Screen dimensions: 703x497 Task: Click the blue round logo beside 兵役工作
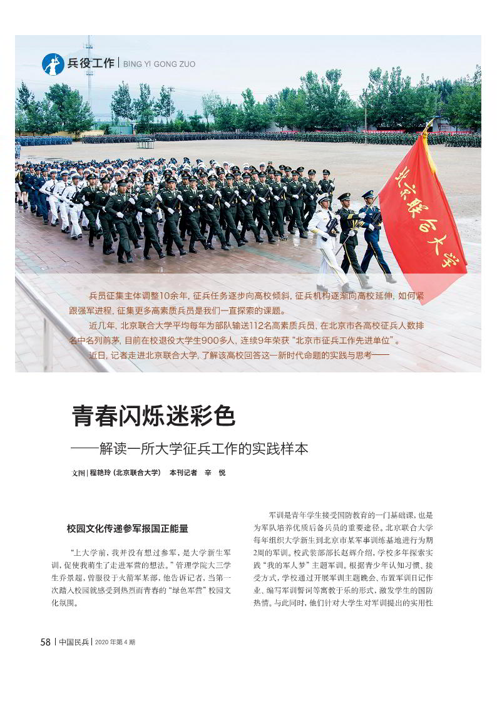[x=53, y=64]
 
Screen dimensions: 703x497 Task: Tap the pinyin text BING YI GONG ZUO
[x=159, y=64]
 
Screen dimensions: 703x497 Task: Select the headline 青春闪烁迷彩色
[x=153, y=416]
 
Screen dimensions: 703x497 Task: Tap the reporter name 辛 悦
[x=213, y=473]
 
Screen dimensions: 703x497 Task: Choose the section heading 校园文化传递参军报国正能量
[x=127, y=528]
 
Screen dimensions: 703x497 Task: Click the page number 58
[x=46, y=642]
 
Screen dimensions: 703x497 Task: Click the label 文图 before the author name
[x=78, y=473]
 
